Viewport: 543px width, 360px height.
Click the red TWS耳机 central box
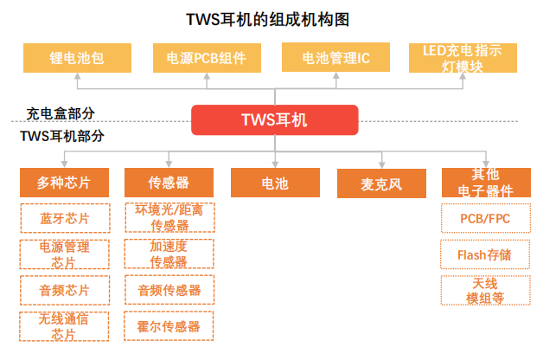(x=275, y=120)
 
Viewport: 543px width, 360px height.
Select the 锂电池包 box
(x=77, y=58)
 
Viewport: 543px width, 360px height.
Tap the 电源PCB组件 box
(x=207, y=58)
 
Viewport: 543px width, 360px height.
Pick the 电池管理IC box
(x=335, y=57)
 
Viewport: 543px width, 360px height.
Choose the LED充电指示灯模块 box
(x=463, y=58)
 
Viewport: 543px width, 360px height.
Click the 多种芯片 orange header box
(x=64, y=183)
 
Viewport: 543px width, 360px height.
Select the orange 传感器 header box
(x=169, y=183)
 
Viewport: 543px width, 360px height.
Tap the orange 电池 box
(x=275, y=183)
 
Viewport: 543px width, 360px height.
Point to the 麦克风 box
(x=381, y=183)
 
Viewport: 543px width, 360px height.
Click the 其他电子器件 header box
(x=486, y=183)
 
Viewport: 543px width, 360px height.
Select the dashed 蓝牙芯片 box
(x=65, y=218)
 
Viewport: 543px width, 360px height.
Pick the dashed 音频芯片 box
(x=65, y=291)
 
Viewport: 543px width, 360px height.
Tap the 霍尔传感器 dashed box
(x=169, y=326)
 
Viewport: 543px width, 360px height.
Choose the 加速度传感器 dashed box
(x=169, y=254)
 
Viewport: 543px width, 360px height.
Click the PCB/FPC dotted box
(x=486, y=218)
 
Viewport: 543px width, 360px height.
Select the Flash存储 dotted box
(x=485, y=254)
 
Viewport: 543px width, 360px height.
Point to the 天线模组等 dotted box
(x=486, y=291)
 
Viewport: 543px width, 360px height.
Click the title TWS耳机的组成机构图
(x=268, y=19)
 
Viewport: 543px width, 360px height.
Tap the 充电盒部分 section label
(x=61, y=113)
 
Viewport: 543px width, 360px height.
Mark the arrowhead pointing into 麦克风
(x=381, y=165)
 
